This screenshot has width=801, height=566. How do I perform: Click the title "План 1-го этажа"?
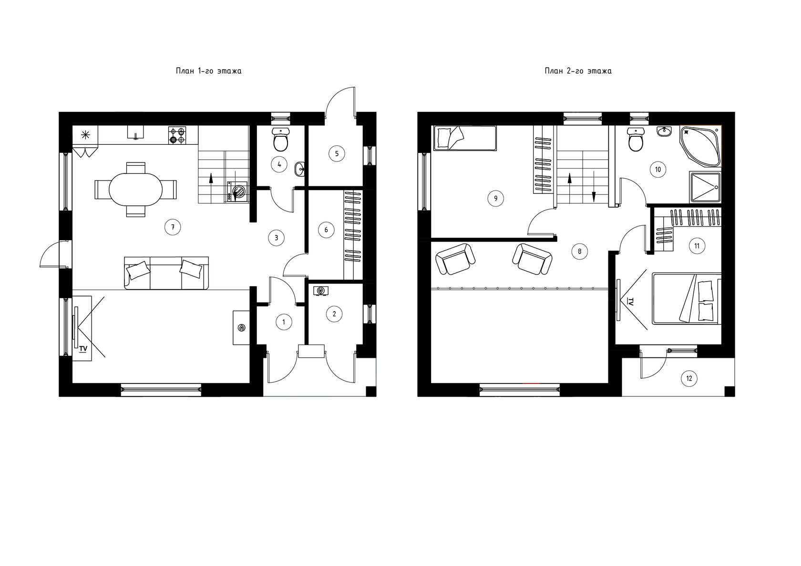(208, 71)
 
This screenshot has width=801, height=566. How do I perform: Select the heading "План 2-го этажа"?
(578, 71)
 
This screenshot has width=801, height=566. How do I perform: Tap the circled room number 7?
(173, 227)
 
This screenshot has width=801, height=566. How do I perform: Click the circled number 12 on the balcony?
(689, 378)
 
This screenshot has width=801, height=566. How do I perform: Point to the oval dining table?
(135, 190)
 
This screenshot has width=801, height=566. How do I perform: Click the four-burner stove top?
(177, 135)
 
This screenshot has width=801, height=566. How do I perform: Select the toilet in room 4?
(280, 140)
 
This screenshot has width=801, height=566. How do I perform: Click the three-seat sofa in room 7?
(166, 273)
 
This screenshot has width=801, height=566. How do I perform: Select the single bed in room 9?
(464, 138)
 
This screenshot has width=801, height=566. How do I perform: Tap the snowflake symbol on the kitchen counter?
(85, 135)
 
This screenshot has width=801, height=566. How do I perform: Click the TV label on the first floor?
(83, 348)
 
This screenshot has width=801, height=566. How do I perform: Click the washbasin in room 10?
(665, 131)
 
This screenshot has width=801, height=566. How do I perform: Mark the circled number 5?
(337, 153)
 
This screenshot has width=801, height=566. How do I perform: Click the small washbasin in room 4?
(299, 169)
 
